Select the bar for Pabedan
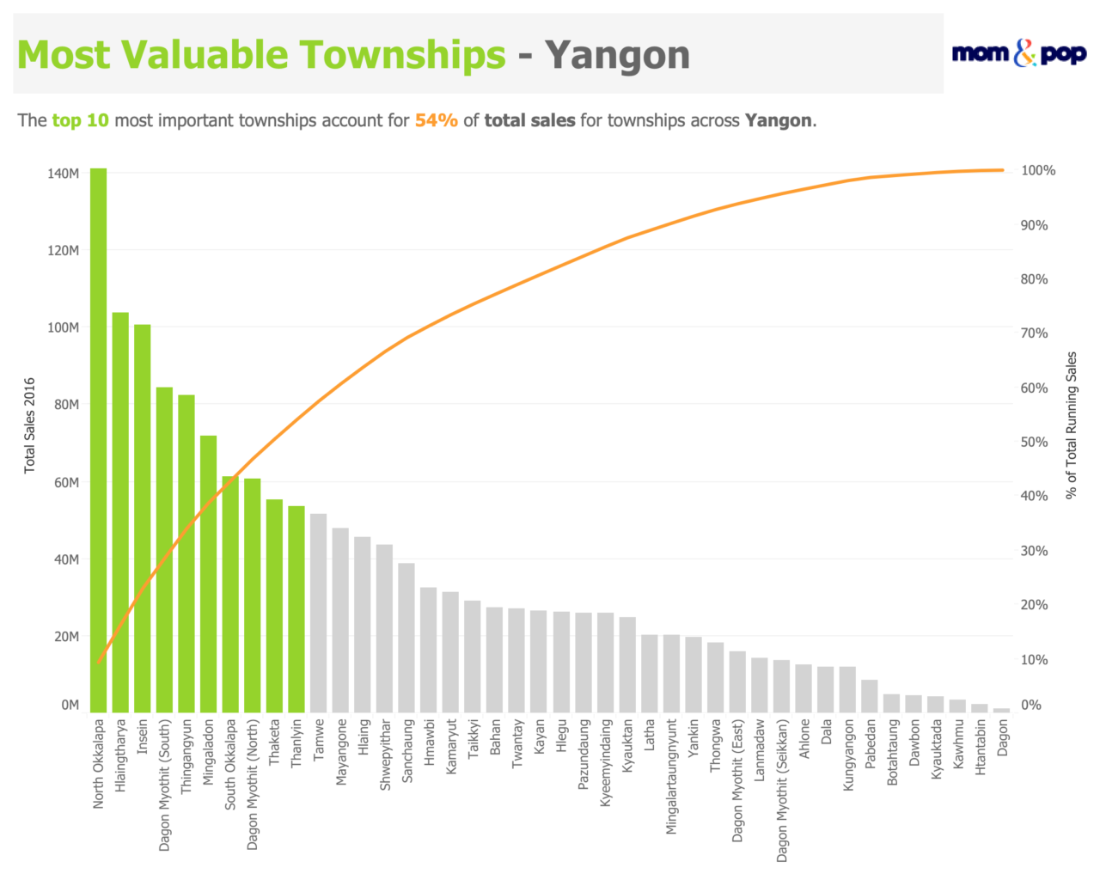pyautogui.click(x=870, y=696)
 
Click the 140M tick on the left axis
pyautogui.click(x=64, y=174)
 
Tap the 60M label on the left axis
pyautogui.click(x=66, y=483)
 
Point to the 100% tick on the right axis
pyautogui.click(x=1038, y=171)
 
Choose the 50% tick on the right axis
pyautogui.click(x=1035, y=443)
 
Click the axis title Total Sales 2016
pyautogui.click(x=30, y=425)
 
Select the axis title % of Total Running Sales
pyautogui.click(x=1071, y=425)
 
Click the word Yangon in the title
pyautogui.click(x=617, y=55)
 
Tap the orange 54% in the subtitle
pyautogui.click(x=436, y=120)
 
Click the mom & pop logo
pyautogui.click(x=1019, y=53)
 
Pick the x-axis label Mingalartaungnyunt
pyautogui.click(x=672, y=777)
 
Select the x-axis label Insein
pyautogui.click(x=143, y=736)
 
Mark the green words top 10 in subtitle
pyautogui.click(x=81, y=120)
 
